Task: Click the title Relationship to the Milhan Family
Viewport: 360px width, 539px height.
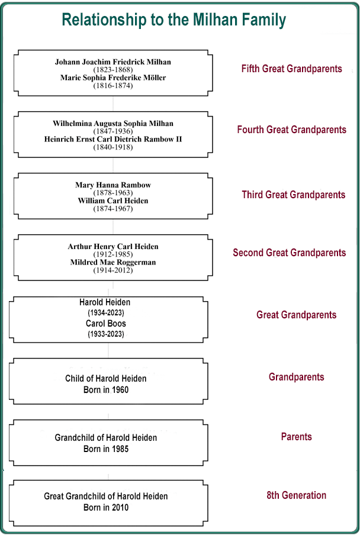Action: coord(174,20)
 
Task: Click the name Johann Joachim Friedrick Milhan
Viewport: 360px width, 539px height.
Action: coord(113,62)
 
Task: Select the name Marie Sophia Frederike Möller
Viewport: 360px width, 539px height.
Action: coord(113,78)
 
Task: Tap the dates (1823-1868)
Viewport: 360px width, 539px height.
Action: coord(113,70)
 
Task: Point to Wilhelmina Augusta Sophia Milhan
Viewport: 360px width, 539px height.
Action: coord(113,124)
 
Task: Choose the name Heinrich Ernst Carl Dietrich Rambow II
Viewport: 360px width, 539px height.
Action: coord(113,139)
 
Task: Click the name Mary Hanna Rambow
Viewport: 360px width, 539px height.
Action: coord(113,185)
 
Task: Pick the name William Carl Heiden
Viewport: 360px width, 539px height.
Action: coord(113,201)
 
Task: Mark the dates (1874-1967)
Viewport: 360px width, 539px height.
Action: coord(113,209)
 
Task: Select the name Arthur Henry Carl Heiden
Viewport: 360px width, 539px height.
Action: coord(113,247)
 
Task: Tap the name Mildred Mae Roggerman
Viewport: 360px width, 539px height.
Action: coord(113,262)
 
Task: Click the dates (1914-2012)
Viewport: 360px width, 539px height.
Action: coord(113,270)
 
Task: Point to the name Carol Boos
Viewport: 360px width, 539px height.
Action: coord(106,324)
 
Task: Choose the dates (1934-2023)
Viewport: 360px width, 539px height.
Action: coord(106,313)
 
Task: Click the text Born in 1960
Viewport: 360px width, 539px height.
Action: coord(106,390)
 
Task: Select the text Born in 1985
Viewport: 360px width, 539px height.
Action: coord(106,449)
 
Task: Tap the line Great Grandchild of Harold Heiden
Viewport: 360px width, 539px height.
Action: coord(106,496)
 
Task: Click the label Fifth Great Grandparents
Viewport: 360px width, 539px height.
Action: coord(291,69)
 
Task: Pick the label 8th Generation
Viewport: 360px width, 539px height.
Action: coord(296,495)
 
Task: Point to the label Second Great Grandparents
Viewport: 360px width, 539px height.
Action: coord(289,253)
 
